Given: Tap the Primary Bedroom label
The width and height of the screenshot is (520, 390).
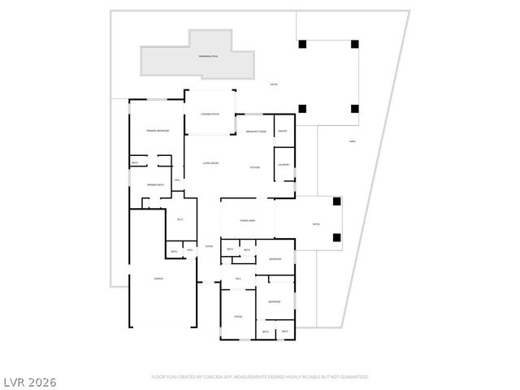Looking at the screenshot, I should pyautogui.click(x=158, y=131).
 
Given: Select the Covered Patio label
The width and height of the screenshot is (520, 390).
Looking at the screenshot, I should pyautogui.click(x=210, y=115).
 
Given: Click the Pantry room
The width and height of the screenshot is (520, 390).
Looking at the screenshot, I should pyautogui.click(x=283, y=131).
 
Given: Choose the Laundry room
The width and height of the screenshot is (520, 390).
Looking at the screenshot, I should pyautogui.click(x=284, y=165).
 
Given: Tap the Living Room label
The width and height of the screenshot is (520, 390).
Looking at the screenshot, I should pyautogui.click(x=210, y=163).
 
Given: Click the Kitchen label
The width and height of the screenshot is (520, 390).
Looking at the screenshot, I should pyautogui.click(x=254, y=167).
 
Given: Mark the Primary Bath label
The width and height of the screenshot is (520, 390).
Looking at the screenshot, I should pyautogui.click(x=155, y=185).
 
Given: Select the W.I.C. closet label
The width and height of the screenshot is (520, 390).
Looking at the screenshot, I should pyautogui.click(x=180, y=219).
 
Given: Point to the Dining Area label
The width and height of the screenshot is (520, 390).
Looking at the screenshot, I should pyautogui.click(x=248, y=221).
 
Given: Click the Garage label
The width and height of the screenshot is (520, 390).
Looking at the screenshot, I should pyautogui.click(x=158, y=279).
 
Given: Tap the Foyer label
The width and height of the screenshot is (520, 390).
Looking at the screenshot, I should pyautogui.click(x=209, y=246).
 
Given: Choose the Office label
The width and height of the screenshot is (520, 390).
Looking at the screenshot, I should pyautogui.click(x=238, y=316).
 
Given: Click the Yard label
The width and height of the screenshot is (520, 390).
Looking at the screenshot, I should pyautogui.click(x=353, y=142).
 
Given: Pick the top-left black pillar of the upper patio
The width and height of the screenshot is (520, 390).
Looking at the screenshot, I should pyautogui.click(x=302, y=44).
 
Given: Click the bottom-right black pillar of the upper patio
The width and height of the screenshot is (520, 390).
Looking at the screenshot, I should pyautogui.click(x=354, y=109).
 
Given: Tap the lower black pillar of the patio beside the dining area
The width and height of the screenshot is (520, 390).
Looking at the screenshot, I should pyautogui.click(x=336, y=238).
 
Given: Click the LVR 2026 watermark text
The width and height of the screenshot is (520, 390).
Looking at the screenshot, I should pyautogui.click(x=28, y=382).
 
